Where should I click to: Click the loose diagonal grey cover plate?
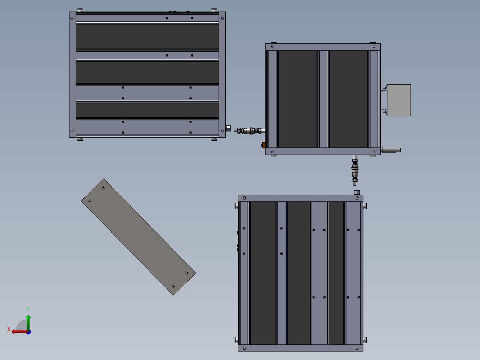pos(138,237)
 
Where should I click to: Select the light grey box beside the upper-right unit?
pos(399,100)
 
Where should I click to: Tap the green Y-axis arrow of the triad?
pos(28,320)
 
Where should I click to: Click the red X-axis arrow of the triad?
pos(18,331)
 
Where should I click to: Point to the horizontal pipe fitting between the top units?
pos(249,131)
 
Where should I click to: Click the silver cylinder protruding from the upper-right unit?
pos(391,150)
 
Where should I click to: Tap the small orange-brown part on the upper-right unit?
pos(264,145)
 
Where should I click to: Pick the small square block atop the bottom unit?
pos(357,192)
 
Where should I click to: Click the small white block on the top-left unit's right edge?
pos(228,128)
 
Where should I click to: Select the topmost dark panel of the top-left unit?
pos(147,36)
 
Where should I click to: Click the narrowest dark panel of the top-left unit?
pos(147,110)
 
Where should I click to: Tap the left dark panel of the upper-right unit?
pos(297,98)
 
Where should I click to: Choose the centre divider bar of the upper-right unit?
pos(323,98)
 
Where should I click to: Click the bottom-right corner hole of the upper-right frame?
pos(373,151)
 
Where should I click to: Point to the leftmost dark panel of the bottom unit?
pos(262,273)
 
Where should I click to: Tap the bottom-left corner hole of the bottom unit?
pos(244,348)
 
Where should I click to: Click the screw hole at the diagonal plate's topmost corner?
pos(104,188)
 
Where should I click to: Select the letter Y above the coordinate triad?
pos(28,309)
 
